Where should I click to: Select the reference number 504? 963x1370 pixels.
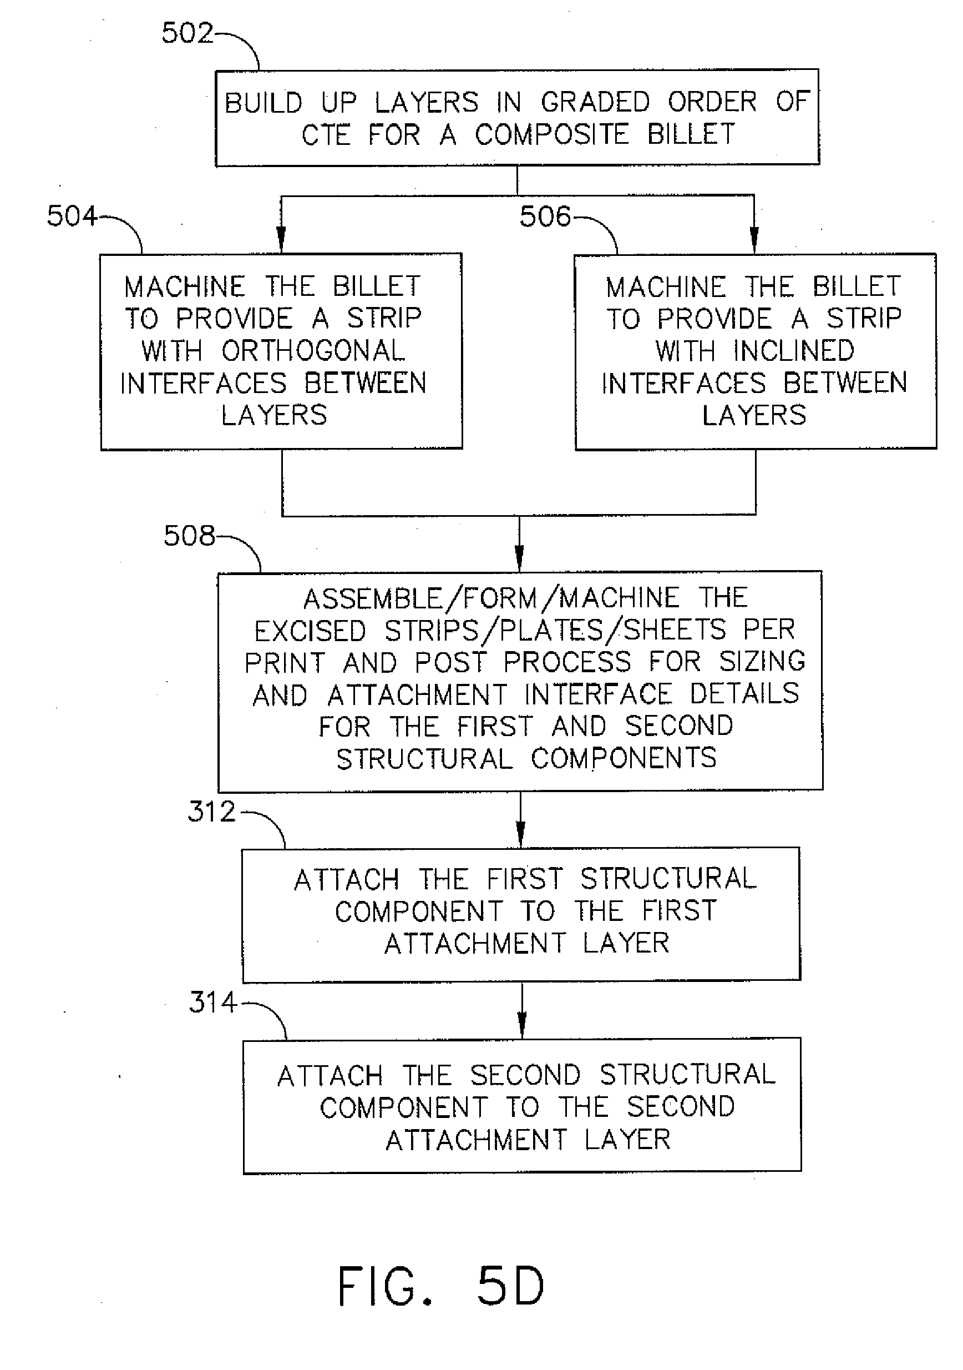point(72,215)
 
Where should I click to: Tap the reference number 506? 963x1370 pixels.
point(544,216)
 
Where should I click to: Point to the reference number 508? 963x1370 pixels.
point(189,535)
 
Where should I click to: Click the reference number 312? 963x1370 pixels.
point(212,812)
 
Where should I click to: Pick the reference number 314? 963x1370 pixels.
point(213,1003)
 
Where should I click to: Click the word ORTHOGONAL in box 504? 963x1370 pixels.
point(313,351)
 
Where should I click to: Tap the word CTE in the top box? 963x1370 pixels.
point(326,135)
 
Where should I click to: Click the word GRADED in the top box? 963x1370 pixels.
point(595,102)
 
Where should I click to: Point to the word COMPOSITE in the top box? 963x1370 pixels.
point(551,134)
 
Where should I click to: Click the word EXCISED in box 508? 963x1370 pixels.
point(310,631)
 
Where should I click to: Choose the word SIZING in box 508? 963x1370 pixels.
point(762,661)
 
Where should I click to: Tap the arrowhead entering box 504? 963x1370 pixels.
point(281,241)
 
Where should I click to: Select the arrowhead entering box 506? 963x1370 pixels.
point(754,241)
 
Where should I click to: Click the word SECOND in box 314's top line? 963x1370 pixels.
point(525,1075)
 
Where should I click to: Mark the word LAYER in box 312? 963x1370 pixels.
point(626,943)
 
